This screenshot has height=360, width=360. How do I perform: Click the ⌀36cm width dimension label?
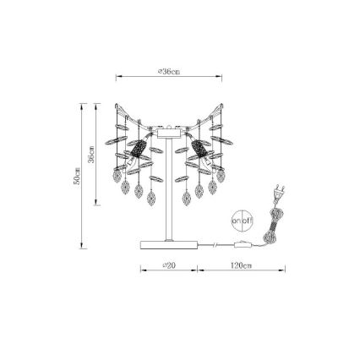[x=169, y=72]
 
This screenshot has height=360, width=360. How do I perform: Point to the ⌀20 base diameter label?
[x=169, y=265]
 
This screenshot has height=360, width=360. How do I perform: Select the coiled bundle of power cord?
[x=270, y=226]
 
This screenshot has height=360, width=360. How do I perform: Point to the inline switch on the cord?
[x=246, y=245]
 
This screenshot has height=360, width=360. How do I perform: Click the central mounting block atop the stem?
[x=169, y=132]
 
